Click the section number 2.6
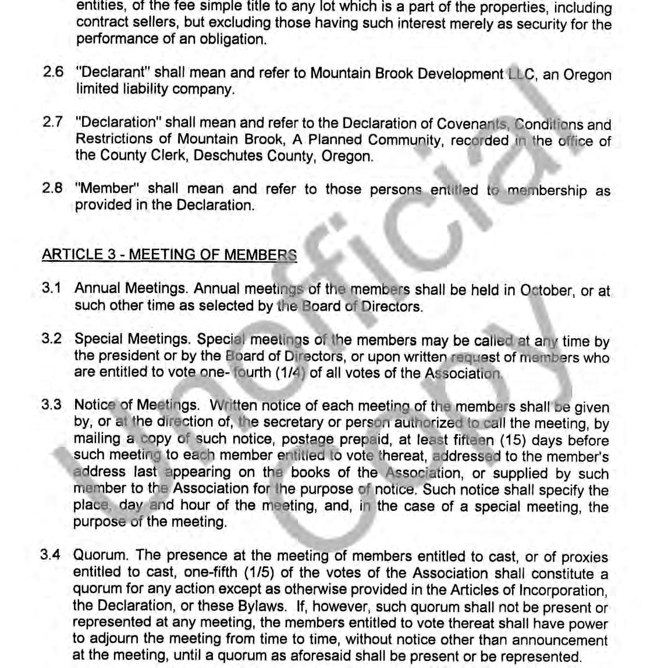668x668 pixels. pos(53,73)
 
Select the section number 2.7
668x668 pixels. pos(53,123)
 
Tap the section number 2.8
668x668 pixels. pos(52,189)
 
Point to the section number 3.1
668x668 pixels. pos(52,288)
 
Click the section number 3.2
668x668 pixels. pos(52,339)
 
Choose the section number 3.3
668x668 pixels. pos(52,405)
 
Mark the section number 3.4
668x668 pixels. pos(51,555)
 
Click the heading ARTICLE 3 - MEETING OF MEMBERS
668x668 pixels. pos(169,255)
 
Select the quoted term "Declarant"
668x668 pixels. pos(113,73)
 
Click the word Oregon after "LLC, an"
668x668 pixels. pos(588,75)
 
